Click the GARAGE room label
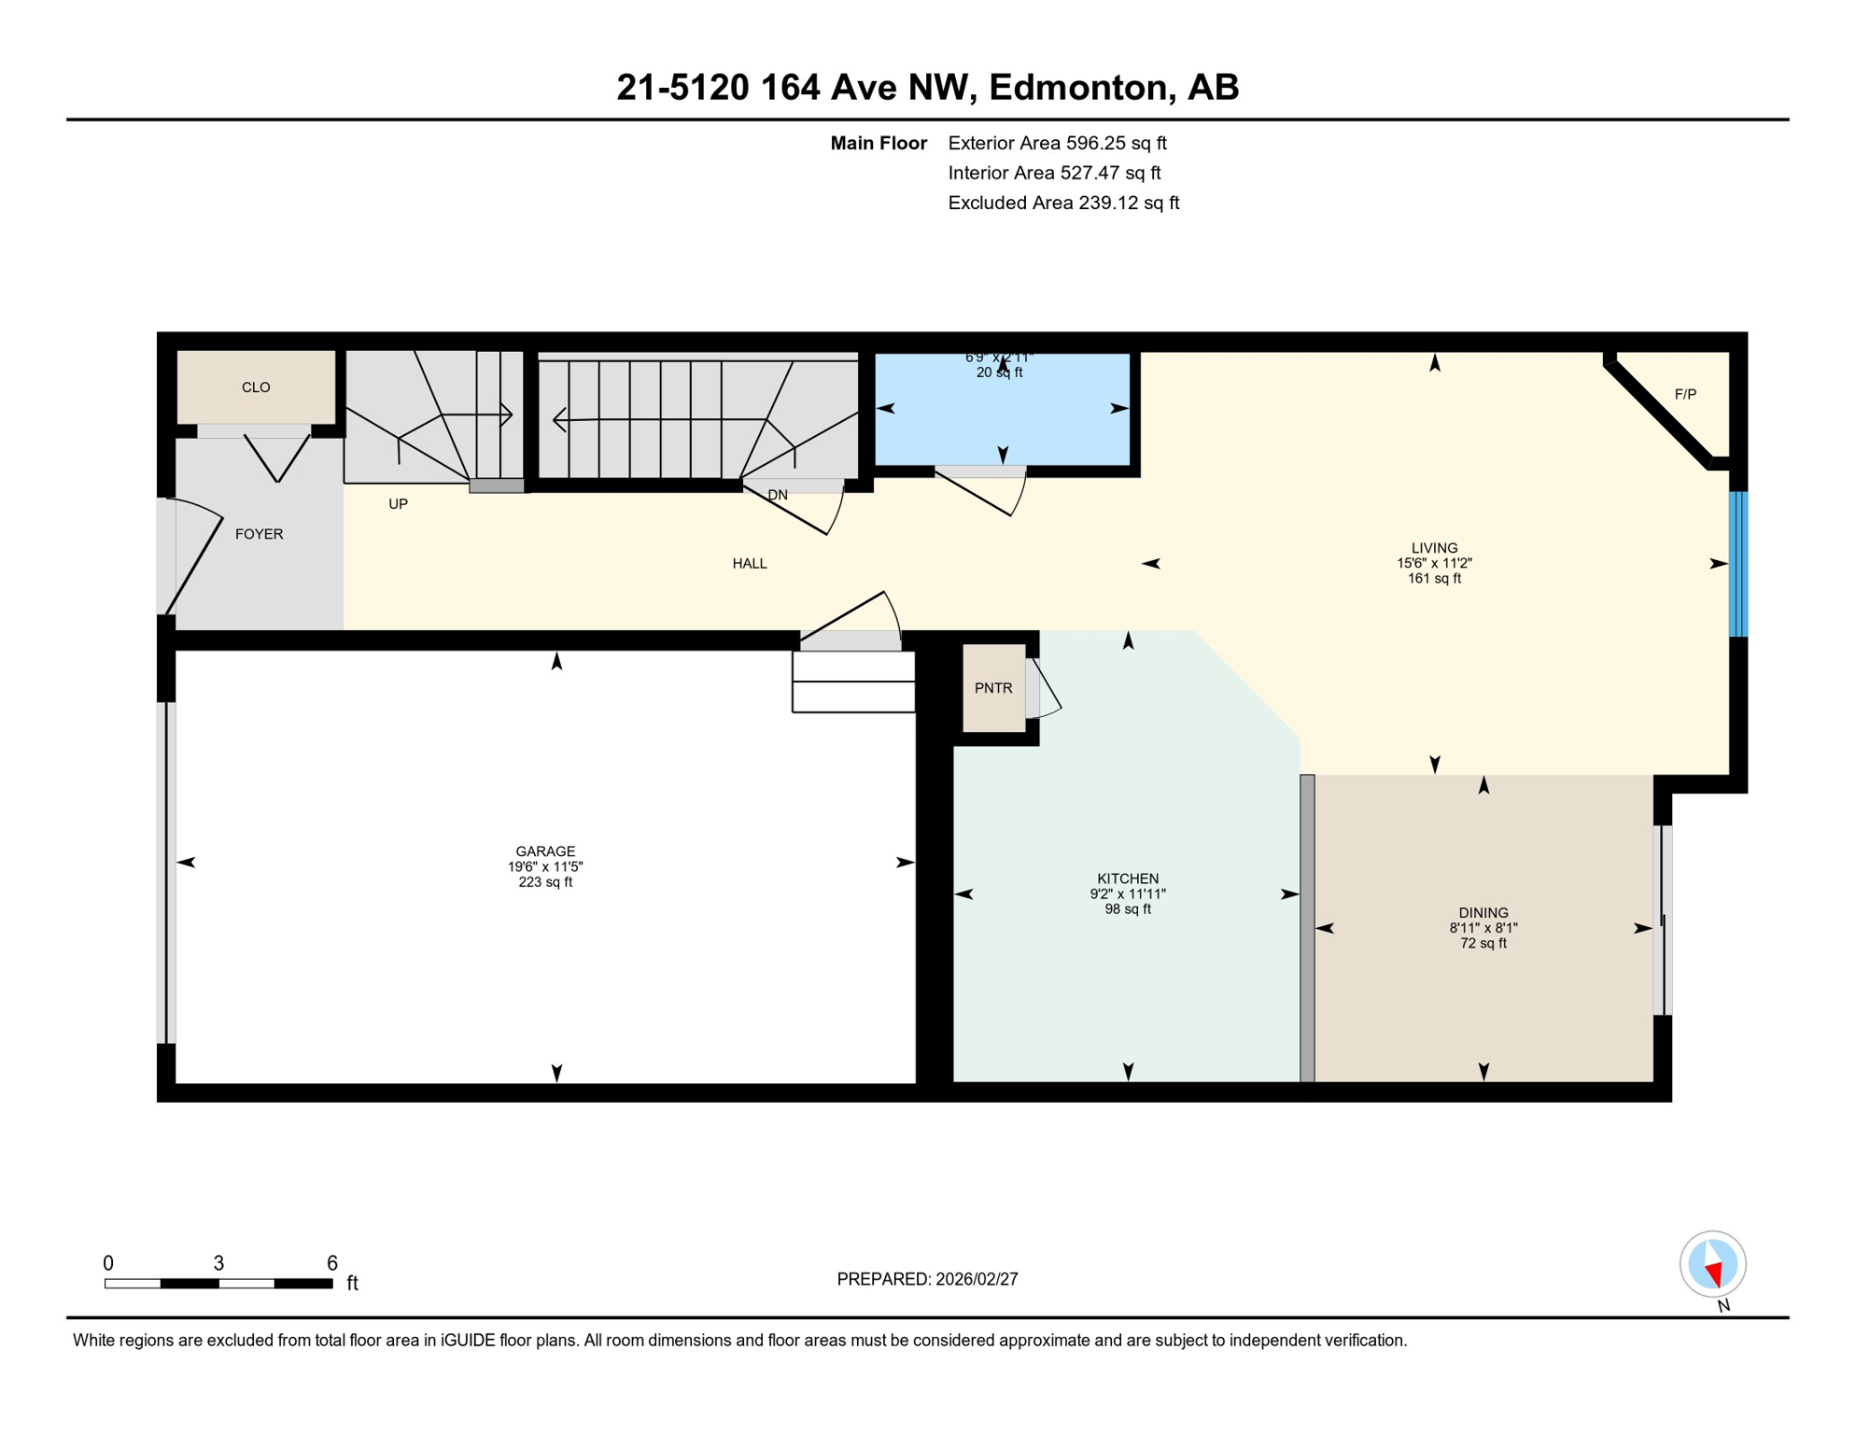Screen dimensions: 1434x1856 (x=545, y=851)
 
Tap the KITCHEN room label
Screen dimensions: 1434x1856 (x=1128, y=879)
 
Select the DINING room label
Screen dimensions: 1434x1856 (x=1483, y=913)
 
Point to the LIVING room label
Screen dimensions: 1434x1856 (x=1434, y=548)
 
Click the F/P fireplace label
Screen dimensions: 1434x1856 (x=1685, y=395)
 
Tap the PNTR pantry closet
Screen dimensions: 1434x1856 (x=993, y=688)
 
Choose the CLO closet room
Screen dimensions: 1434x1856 (x=256, y=387)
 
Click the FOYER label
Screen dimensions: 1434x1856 (x=259, y=534)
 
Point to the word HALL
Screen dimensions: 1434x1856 (x=750, y=564)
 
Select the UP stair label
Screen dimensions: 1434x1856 (x=398, y=504)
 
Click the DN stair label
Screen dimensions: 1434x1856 (x=778, y=495)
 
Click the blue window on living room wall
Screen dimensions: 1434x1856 (x=1737, y=564)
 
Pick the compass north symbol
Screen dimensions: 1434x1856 (x=1712, y=1265)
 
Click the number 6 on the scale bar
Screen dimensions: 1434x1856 (x=331, y=1263)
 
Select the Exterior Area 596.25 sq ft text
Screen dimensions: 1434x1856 (x=1057, y=143)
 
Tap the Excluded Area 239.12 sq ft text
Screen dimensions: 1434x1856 (x=1063, y=203)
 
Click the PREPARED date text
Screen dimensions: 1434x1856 (x=927, y=1279)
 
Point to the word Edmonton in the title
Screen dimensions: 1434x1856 (x=1076, y=87)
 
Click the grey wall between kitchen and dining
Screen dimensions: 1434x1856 (x=1307, y=928)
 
